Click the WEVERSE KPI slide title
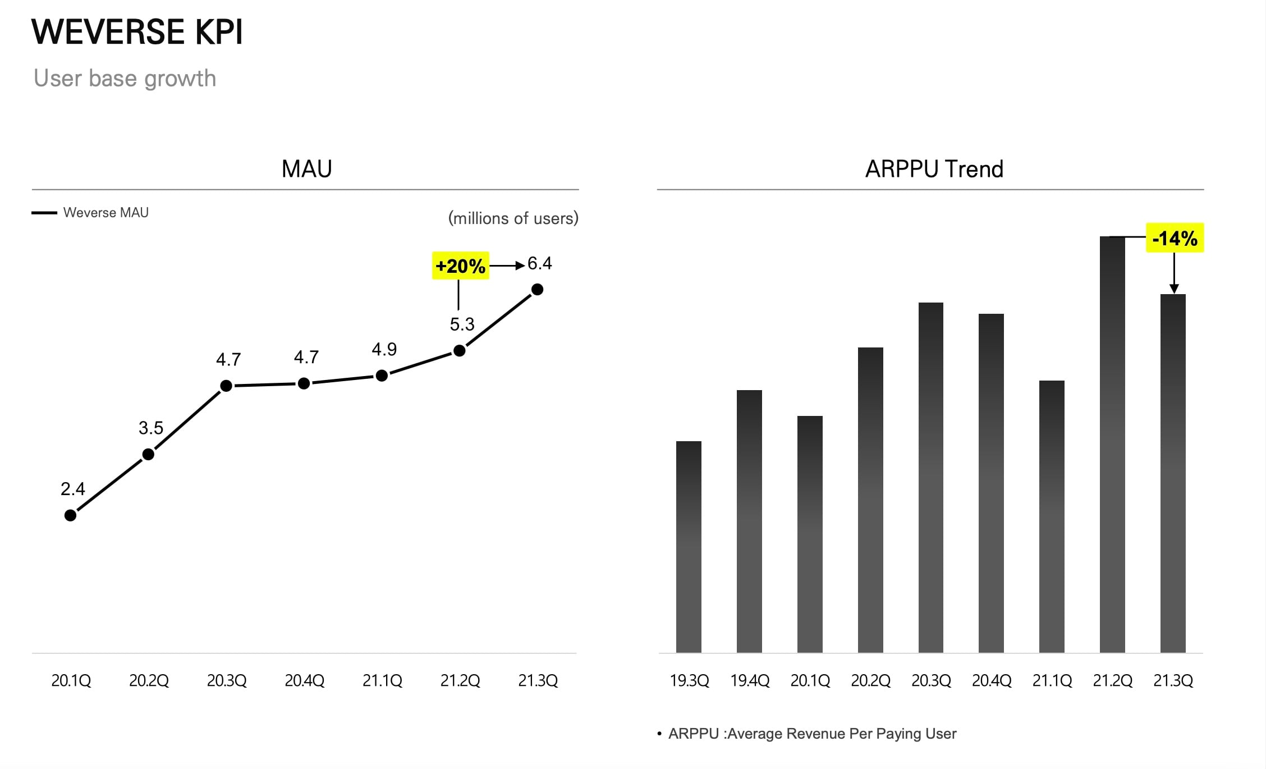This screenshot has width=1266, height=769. pyautogui.click(x=137, y=32)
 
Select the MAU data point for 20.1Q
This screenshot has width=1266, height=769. pyautogui.click(x=71, y=515)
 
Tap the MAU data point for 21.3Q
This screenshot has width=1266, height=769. pyautogui.click(x=537, y=290)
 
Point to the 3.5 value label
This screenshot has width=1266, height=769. pyautogui.click(x=151, y=428)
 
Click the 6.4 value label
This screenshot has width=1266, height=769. pyautogui.click(x=540, y=264)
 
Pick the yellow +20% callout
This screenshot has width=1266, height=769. pyautogui.click(x=460, y=266)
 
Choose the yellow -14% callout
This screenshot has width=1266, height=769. pyautogui.click(x=1175, y=239)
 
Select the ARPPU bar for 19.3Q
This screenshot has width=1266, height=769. pyautogui.click(x=689, y=547)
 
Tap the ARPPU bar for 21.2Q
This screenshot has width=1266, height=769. pyautogui.click(x=1112, y=444)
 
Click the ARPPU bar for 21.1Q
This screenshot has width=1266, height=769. pyautogui.click(x=1052, y=516)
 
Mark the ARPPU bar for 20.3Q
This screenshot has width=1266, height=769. pyautogui.click(x=931, y=477)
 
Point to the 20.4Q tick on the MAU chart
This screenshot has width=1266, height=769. pyautogui.click(x=305, y=681)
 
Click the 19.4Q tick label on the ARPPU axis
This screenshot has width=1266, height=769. pyautogui.click(x=750, y=681)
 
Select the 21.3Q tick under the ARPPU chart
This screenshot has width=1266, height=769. pyautogui.click(x=1173, y=681)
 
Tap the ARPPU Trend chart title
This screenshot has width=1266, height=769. pyautogui.click(x=934, y=169)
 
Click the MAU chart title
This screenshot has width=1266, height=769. pyautogui.click(x=307, y=169)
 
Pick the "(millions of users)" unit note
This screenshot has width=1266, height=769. pyautogui.click(x=513, y=218)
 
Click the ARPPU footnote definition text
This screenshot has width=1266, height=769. pyautogui.click(x=812, y=734)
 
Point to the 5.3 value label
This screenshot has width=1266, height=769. pyautogui.click(x=462, y=324)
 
